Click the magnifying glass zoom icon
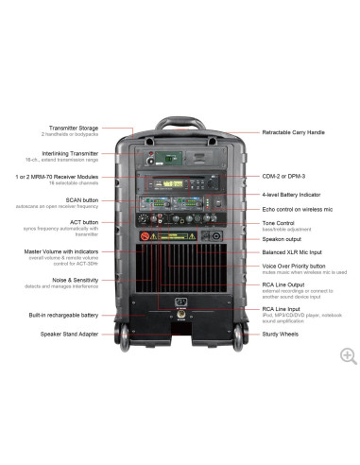pos(348,355)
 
